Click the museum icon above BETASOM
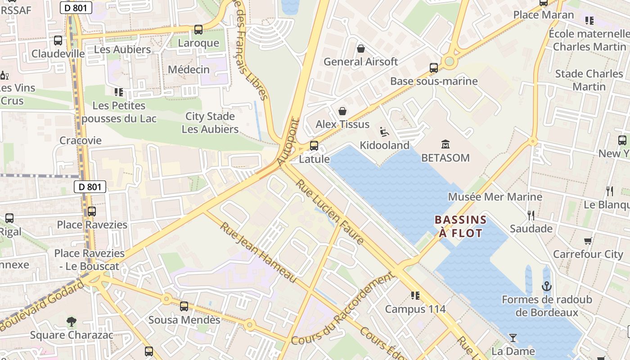(x=445, y=144)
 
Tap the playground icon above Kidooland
(x=384, y=132)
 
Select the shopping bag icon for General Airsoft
(x=360, y=49)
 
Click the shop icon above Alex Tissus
(x=342, y=111)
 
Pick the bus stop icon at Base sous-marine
(x=434, y=68)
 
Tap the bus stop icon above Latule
(x=314, y=146)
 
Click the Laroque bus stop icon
(x=198, y=30)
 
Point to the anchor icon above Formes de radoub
(x=546, y=286)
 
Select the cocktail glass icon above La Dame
(x=513, y=337)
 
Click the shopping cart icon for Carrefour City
(x=588, y=241)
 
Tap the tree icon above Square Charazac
(x=71, y=322)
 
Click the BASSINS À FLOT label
(x=460, y=226)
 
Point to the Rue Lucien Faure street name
(x=330, y=212)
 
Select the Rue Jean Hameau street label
(x=258, y=252)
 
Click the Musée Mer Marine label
(x=495, y=197)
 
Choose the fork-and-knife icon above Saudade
(x=531, y=215)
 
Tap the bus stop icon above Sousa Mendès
(x=184, y=306)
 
